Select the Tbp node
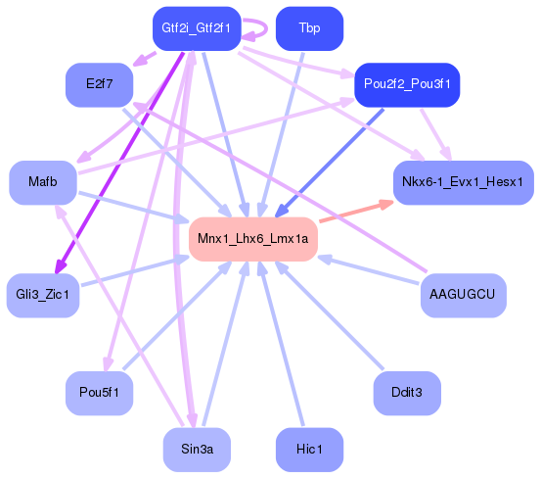point(309,28)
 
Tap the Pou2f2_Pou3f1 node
point(406,85)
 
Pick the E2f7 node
point(99,84)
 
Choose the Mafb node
point(42,183)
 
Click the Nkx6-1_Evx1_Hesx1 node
point(463,182)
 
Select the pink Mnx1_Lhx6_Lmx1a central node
point(252,239)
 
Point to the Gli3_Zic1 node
point(42,295)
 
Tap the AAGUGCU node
point(463,294)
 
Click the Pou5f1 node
point(99,393)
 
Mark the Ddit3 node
point(406,393)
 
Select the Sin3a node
point(197,449)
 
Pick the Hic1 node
point(309,449)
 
